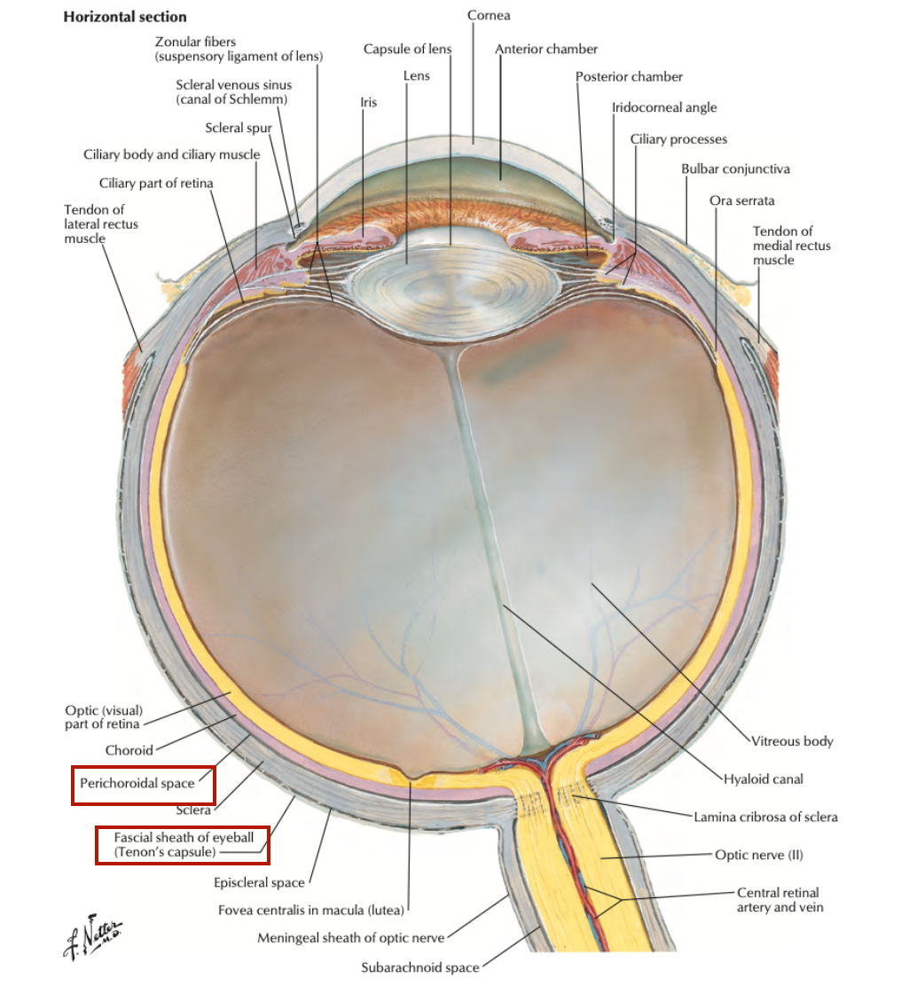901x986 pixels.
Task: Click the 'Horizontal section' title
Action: [x=125, y=17]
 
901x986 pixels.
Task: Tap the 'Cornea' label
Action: [x=489, y=15]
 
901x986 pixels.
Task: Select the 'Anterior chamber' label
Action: [x=546, y=49]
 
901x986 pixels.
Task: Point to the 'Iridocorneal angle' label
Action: [x=664, y=107]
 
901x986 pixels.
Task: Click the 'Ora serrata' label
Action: [x=741, y=200]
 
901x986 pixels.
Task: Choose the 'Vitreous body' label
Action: [x=792, y=740]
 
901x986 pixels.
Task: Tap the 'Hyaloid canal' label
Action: [x=763, y=779]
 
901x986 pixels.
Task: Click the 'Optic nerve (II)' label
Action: [x=759, y=855]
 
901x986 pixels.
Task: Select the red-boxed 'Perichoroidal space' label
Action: [x=137, y=783]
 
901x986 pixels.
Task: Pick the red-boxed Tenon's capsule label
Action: [x=183, y=844]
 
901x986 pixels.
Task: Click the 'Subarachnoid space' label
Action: [x=420, y=967]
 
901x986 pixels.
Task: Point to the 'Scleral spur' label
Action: [x=238, y=128]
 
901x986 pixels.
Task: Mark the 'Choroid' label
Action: [x=129, y=749]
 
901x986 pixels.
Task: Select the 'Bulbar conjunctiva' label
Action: [x=735, y=168]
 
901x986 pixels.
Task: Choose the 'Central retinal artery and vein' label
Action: [x=778, y=899]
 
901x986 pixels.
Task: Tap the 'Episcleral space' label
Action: [x=259, y=882]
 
